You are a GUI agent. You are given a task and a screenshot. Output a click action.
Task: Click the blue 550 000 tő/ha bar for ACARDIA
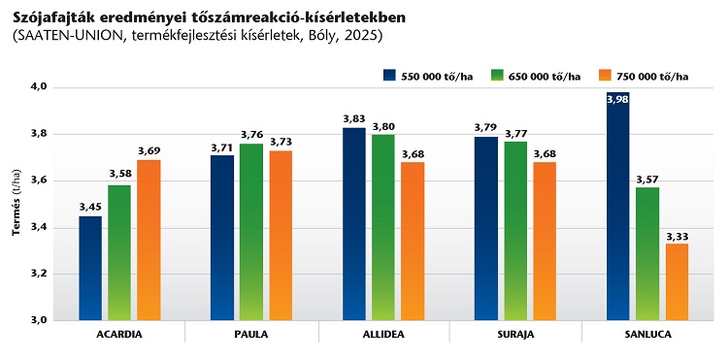[90, 268]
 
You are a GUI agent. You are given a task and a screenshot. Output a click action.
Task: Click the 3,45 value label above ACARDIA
[90, 208]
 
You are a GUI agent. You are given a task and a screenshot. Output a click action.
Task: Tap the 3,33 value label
[677, 236]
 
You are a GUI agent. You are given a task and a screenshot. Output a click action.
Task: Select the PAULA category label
[251, 335]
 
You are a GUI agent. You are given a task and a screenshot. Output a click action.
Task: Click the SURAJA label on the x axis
[515, 335]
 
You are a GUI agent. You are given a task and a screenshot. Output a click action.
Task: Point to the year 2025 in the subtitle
[363, 36]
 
